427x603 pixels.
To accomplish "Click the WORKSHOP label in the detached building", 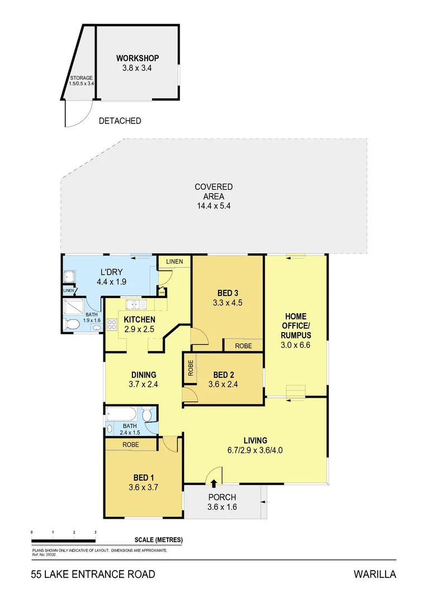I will pos(137,58).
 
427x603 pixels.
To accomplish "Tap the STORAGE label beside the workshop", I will pos(81,78).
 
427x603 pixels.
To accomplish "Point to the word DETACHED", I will pos(120,121).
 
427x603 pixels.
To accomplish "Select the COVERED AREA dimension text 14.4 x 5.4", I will pos(213,205).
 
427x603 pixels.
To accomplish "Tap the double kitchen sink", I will pos(135,304).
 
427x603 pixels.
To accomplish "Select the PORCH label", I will pos(222,497).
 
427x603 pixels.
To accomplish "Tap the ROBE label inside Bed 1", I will pos(130,445).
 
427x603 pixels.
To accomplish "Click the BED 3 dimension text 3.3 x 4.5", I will pos(227,303).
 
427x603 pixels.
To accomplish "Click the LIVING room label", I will pos(255,441).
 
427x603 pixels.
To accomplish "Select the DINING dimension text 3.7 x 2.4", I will pos(144,384).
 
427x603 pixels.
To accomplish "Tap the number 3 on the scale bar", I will pos(96,532).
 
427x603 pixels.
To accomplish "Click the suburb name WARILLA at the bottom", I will pos(374,575).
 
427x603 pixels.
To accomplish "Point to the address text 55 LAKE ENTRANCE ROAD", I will pos(93,575).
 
